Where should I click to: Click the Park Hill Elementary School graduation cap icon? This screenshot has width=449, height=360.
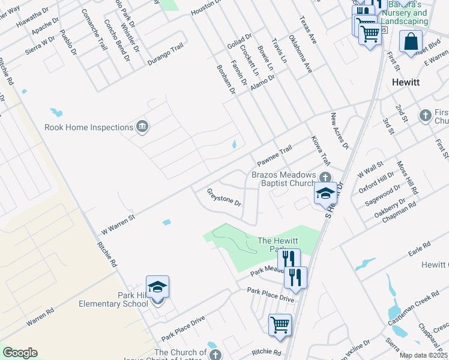[157, 288]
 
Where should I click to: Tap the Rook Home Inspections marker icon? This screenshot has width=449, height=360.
[143, 127]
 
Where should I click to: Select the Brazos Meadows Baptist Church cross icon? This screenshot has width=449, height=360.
[325, 176]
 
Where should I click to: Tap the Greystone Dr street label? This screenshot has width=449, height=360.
[224, 197]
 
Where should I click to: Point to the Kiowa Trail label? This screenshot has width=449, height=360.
[321, 151]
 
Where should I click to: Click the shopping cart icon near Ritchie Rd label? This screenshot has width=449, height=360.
[280, 325]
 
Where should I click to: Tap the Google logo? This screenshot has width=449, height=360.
[20, 353]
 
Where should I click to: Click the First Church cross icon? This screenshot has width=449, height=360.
[426, 115]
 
